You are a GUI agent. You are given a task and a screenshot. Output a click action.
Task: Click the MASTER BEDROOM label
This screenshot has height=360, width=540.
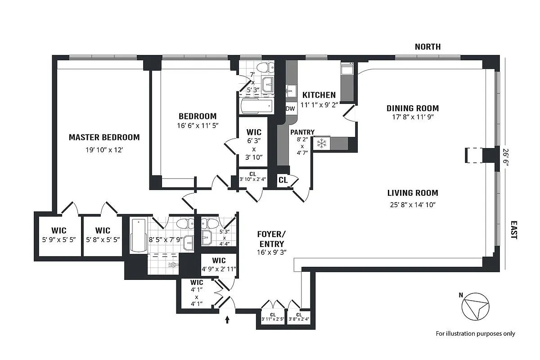[x=104, y=137]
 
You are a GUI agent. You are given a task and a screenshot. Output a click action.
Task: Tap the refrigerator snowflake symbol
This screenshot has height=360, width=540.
[x=321, y=144]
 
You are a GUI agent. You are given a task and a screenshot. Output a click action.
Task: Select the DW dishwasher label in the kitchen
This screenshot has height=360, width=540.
[x=290, y=109]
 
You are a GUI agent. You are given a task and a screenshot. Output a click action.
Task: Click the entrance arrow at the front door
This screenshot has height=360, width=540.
[x=227, y=319]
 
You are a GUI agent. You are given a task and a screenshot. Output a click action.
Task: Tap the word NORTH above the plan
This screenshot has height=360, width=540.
[x=427, y=47]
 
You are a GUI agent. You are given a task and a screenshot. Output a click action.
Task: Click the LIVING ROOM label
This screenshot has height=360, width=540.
[x=413, y=193]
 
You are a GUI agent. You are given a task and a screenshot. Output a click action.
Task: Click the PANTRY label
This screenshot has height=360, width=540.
[x=302, y=132]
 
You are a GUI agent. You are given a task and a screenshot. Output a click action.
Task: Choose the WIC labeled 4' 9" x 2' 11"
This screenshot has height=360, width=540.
[x=219, y=265]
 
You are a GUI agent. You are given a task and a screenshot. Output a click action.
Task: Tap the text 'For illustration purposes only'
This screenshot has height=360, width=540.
[x=475, y=333]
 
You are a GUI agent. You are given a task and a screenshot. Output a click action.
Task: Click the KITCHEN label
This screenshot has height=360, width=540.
[x=319, y=95]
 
